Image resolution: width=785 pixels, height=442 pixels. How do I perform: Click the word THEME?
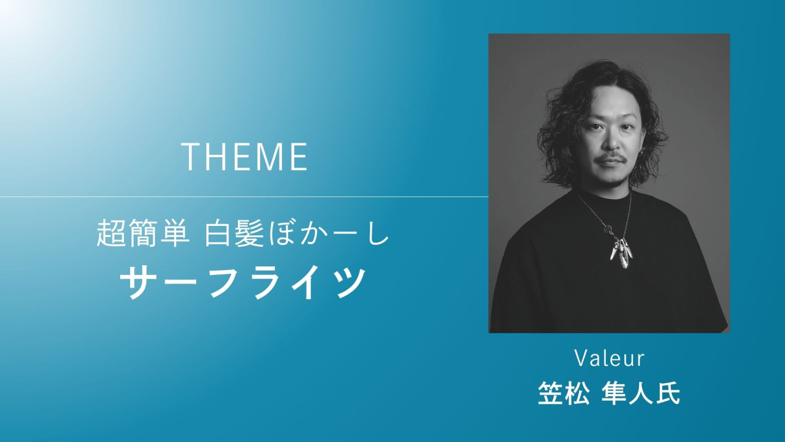point(245,157)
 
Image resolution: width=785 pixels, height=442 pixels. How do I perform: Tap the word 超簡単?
point(141,233)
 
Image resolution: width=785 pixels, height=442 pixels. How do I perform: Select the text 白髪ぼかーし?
point(296,233)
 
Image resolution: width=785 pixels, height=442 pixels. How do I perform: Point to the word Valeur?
point(610,359)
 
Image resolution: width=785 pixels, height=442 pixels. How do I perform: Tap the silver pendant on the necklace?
point(622,252)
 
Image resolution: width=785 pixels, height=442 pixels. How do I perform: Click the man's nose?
point(611,142)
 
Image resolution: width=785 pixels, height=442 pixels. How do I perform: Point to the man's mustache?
point(611,160)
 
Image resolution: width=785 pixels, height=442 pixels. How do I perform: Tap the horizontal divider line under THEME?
point(244,197)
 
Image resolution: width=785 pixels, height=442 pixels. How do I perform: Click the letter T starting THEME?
point(191,157)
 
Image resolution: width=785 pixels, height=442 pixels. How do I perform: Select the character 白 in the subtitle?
point(219,233)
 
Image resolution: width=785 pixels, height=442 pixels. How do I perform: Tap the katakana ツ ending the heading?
point(346,282)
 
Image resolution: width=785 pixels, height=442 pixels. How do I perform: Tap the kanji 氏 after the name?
point(668,394)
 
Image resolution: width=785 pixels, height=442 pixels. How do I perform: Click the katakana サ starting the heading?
point(139,282)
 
